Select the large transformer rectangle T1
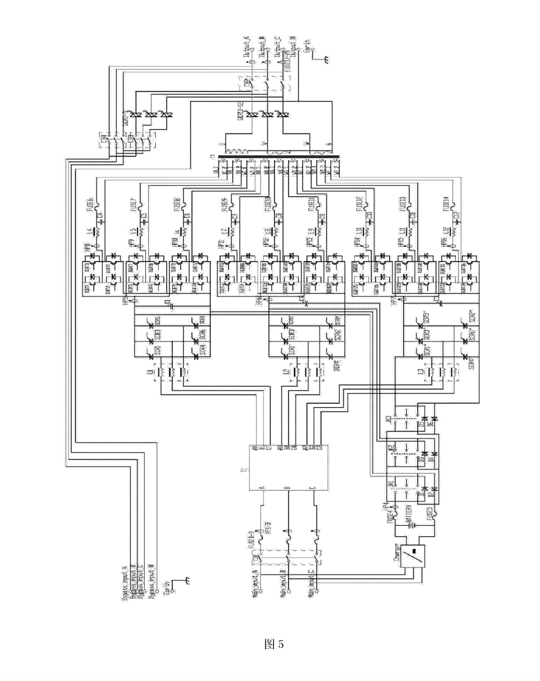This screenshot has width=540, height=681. pyautogui.click(x=288, y=467)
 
